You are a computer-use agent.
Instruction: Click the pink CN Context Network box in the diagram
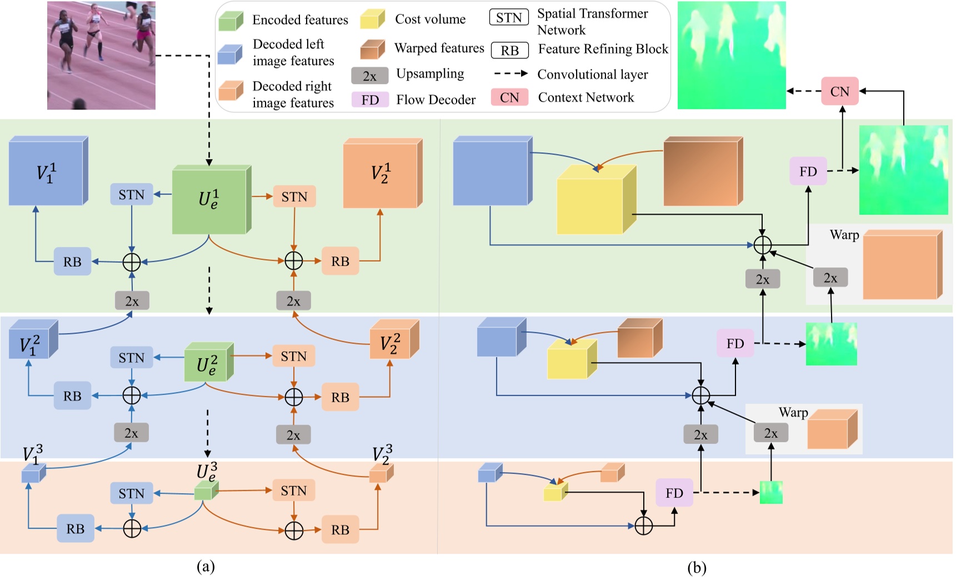click(x=839, y=92)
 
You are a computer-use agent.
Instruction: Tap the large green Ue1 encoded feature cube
click(x=209, y=201)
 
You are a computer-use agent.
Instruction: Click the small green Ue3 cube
click(x=204, y=492)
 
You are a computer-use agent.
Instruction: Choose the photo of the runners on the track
click(x=101, y=55)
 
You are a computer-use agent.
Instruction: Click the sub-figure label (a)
click(x=206, y=566)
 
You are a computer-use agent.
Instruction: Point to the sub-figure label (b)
click(x=697, y=568)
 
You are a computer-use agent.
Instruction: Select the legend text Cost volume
click(x=430, y=19)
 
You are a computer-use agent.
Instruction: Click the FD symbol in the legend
click(x=370, y=100)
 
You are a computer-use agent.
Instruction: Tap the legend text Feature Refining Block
click(x=603, y=49)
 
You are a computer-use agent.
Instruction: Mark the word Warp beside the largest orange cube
click(x=844, y=235)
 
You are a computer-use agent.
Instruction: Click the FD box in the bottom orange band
click(x=674, y=493)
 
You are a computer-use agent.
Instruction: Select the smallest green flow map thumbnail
click(x=770, y=493)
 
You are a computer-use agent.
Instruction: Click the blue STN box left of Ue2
click(x=131, y=357)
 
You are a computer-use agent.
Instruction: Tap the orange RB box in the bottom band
click(x=340, y=530)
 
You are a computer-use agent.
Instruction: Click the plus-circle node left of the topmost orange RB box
click(x=293, y=260)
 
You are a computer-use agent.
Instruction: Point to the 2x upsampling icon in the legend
click(x=369, y=76)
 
